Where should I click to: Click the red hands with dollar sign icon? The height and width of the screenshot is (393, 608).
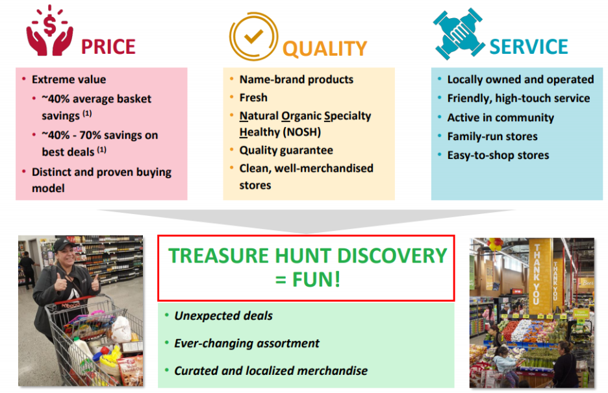pos(49,31)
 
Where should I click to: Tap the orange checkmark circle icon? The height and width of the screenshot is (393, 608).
pos(253,36)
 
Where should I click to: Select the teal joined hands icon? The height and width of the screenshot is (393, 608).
pos(459,34)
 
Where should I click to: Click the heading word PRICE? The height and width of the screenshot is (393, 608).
pos(108,47)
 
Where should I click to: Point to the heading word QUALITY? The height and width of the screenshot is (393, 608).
pos(325,49)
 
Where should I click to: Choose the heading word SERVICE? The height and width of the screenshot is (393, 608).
pos(529,47)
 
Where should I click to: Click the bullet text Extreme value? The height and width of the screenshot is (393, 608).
pos(69,79)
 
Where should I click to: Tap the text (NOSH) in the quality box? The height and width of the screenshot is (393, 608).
pos(301,132)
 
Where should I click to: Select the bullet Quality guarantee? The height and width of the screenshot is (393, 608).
pos(286,150)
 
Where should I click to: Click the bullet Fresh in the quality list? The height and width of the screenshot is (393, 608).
pos(253,97)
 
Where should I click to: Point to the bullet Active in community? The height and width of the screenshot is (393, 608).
pos(501,118)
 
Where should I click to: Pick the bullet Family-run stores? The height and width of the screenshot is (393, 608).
pos(492,136)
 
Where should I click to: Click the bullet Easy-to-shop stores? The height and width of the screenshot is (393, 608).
pos(498,155)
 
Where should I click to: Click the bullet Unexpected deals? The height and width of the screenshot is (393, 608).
pos(223,316)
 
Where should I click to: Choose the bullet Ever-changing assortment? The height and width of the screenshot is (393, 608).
pos(247,344)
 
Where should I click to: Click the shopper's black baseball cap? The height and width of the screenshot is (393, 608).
pos(63,244)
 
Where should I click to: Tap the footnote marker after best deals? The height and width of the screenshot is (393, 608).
pos(101,149)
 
